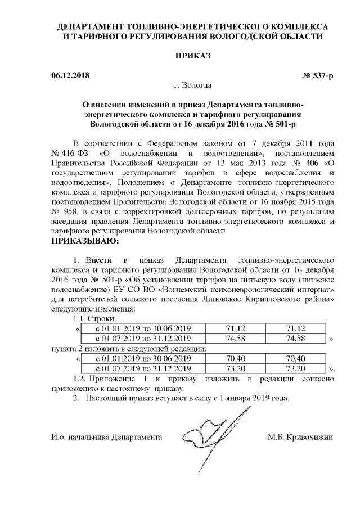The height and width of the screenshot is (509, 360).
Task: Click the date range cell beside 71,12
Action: pos(143,328)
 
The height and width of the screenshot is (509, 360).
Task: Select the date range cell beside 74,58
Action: pos(143,339)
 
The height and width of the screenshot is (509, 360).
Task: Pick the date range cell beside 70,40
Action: pos(143,358)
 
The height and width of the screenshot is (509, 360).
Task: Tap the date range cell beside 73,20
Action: pos(143,368)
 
